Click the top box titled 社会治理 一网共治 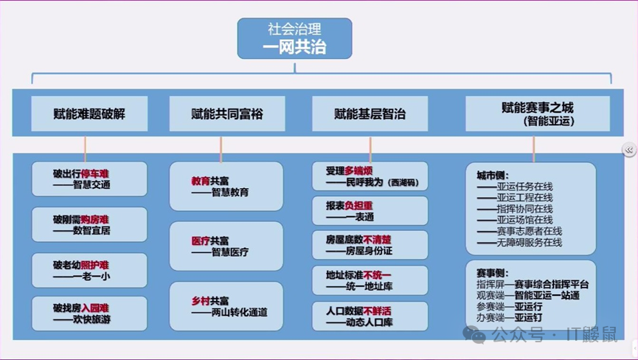click(x=294, y=38)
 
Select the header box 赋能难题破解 click(x=89, y=114)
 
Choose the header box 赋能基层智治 click(x=370, y=114)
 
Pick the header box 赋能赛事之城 click(x=538, y=113)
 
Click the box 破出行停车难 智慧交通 click(x=89, y=179)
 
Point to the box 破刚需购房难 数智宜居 click(x=89, y=225)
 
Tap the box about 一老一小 click(x=89, y=271)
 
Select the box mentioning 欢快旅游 click(x=89, y=314)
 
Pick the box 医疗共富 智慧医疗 click(x=226, y=246)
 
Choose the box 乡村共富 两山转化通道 click(x=226, y=306)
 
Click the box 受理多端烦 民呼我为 click(x=370, y=176)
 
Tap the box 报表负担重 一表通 click(x=370, y=210)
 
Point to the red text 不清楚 click(x=377, y=240)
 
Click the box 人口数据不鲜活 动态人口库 click(x=370, y=316)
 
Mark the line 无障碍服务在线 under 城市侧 click(x=519, y=242)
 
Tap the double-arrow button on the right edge click(x=628, y=150)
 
